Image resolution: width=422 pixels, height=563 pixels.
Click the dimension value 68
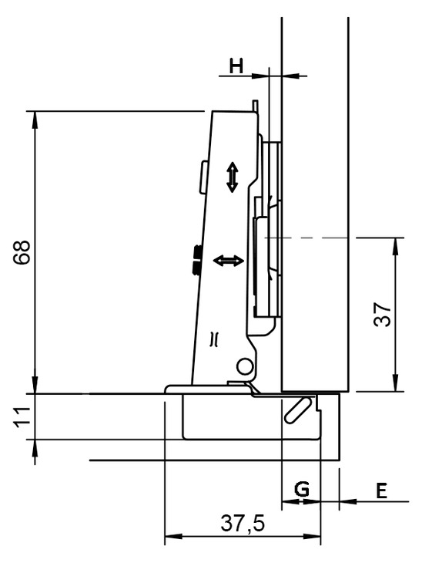(x=22, y=252)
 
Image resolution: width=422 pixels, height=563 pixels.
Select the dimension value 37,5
(x=243, y=523)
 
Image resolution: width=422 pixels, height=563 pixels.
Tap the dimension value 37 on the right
(x=382, y=314)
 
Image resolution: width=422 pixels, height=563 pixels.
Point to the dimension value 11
(x=22, y=417)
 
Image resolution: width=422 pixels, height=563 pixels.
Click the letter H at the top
(x=236, y=66)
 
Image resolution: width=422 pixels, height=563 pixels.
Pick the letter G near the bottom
(x=302, y=489)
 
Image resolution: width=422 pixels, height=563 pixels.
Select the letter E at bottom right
(x=381, y=491)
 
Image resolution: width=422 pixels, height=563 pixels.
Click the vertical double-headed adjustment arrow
(x=233, y=177)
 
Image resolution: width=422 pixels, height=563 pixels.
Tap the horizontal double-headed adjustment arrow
(x=229, y=261)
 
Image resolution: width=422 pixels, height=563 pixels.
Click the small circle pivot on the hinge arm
(x=244, y=366)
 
